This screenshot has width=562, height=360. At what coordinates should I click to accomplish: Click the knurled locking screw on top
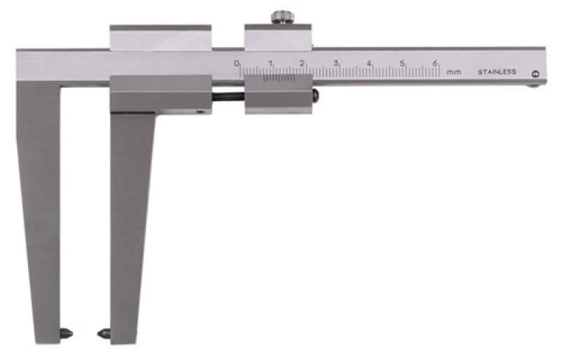283,17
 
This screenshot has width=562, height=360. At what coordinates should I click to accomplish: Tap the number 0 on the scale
237,63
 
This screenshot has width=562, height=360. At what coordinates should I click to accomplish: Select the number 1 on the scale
270,63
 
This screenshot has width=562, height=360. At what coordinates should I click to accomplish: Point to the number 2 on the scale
302,63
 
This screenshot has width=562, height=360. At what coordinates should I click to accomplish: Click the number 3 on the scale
336,63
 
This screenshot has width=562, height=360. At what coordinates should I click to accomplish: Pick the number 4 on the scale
369,63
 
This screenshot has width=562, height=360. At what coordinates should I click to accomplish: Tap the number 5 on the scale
402,63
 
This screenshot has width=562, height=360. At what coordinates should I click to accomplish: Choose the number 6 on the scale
435,63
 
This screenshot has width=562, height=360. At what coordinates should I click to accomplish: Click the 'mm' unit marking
454,72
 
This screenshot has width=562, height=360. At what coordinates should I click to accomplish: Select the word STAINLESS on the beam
497,72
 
